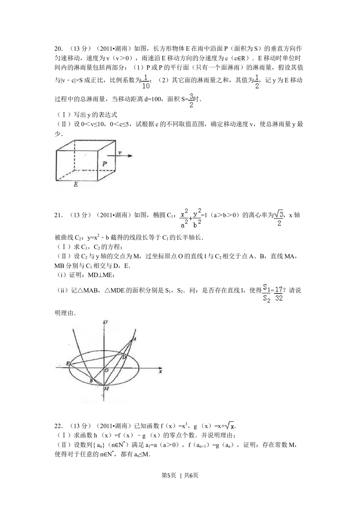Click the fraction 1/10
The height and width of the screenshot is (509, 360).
pyautogui.click(x=145, y=82)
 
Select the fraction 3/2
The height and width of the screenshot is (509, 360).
pyautogui.click(x=190, y=100)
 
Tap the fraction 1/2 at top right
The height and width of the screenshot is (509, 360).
pyautogui.click(x=256, y=82)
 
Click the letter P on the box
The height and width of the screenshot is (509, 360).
pyautogui.click(x=104, y=164)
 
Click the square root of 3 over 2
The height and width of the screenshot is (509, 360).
pyautogui.click(x=279, y=218)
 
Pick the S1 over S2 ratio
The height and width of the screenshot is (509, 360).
pyautogui.click(x=266, y=293)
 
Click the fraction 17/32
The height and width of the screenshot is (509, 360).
pyautogui.click(x=279, y=293)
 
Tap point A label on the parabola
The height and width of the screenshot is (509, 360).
pyautogui.click(x=134, y=339)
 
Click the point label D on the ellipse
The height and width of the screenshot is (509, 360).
pyautogui.click(x=124, y=357)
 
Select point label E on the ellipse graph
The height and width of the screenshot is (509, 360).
pyautogui.click(x=67, y=363)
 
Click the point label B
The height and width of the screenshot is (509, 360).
pyautogui.click(x=91, y=381)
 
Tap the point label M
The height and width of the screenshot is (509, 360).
pyautogui.click(x=106, y=389)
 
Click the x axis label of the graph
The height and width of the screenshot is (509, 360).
pyautogui.click(x=161, y=371)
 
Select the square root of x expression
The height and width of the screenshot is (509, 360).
pyautogui.click(x=229, y=427)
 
